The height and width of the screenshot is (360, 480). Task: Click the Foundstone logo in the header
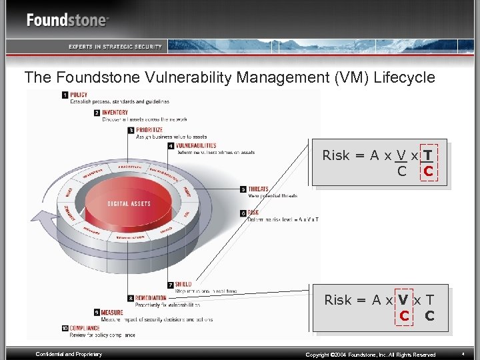tap(67, 20)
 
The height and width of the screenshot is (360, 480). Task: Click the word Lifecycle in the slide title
tap(403, 77)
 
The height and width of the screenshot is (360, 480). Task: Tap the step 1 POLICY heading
tap(79, 95)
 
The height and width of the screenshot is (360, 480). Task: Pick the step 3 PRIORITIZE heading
tap(149, 130)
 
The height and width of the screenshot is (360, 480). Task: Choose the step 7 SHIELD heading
tap(183, 285)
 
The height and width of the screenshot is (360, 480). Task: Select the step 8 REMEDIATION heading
tap(151, 299)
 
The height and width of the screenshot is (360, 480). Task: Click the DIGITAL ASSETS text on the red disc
tap(129, 203)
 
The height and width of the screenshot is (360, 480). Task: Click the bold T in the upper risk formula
tap(427, 155)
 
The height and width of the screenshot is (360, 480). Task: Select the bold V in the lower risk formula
tap(403, 300)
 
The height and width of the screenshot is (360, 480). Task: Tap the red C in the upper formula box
tap(428, 171)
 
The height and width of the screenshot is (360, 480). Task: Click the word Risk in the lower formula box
tap(338, 300)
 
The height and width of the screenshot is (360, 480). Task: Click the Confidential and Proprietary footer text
tap(69, 354)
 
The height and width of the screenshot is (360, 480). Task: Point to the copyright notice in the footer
tap(370, 355)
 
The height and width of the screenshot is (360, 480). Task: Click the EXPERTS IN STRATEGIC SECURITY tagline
tap(115, 46)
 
